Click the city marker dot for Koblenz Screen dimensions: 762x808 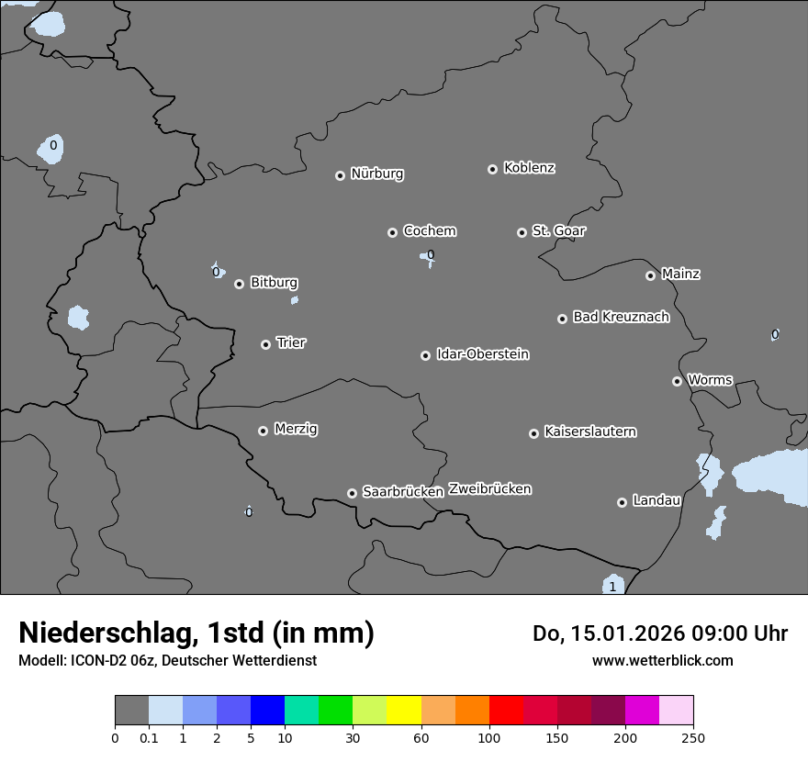(x=492, y=169)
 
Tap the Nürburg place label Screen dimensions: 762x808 (x=377, y=174)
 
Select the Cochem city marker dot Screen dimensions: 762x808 (x=392, y=232)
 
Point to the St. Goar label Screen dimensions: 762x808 (x=558, y=230)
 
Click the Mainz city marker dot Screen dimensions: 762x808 (x=650, y=275)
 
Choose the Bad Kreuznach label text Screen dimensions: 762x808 (x=621, y=317)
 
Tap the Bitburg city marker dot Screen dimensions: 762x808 (x=239, y=284)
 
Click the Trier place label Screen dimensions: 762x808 (x=291, y=342)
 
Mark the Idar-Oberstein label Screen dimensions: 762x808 (x=483, y=353)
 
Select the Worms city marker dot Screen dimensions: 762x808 (x=677, y=381)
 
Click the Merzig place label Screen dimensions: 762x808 (x=296, y=429)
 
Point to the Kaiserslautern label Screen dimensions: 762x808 (x=590, y=431)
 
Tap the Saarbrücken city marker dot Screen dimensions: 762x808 (x=352, y=493)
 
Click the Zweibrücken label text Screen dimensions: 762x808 (x=489, y=489)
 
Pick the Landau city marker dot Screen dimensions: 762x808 (x=622, y=502)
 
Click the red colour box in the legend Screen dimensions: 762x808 (x=506, y=711)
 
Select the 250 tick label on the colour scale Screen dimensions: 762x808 (x=693, y=737)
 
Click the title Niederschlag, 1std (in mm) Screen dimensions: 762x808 (x=196, y=633)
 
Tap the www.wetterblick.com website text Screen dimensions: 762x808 (x=662, y=660)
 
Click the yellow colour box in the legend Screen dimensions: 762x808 (x=404, y=711)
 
